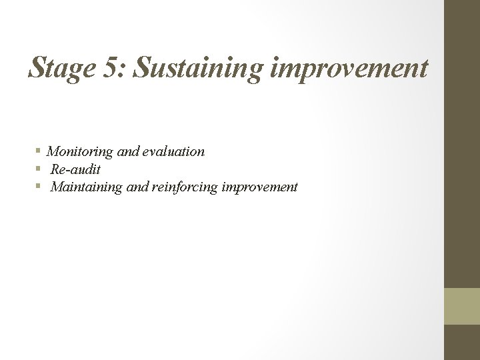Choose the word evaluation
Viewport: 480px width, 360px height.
point(172,152)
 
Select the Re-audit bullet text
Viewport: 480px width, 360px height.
point(75,170)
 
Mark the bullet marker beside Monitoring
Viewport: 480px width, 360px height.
point(40,152)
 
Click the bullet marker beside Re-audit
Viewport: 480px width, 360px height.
point(40,170)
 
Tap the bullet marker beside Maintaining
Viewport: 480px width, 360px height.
point(40,187)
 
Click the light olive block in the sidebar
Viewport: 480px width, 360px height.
point(462,306)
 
